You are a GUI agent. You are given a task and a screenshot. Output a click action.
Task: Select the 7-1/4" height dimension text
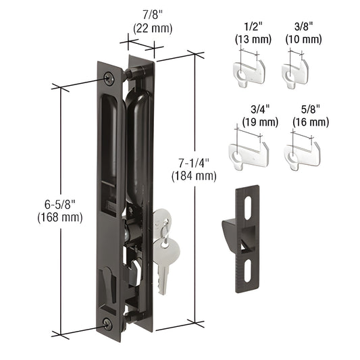click(x=193, y=163)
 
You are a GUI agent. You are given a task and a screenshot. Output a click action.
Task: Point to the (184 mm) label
click(x=194, y=176)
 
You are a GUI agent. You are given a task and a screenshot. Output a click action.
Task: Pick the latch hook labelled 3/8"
click(x=295, y=70)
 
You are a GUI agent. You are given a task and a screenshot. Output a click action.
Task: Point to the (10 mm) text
click(x=294, y=39)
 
